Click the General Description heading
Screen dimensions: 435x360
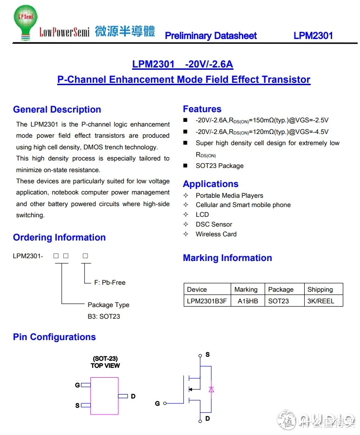tap(57, 110)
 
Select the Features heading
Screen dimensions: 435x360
tap(202, 109)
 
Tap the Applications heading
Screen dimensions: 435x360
tap(210, 184)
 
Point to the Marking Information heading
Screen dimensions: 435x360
tap(227, 258)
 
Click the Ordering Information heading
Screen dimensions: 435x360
tap(59, 238)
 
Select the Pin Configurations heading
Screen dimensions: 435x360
tap(54, 337)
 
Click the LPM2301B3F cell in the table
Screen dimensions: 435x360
tap(207, 301)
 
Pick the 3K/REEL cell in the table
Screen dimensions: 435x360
tap(320, 301)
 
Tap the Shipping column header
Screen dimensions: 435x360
tap(320, 289)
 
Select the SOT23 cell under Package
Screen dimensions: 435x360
tap(278, 301)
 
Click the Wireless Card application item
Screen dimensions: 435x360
tap(216, 234)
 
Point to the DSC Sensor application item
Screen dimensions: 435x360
tap(213, 224)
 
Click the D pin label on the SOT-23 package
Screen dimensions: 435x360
tap(133, 396)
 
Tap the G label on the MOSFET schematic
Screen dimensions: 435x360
tap(157, 403)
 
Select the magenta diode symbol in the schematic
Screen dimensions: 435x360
tap(211, 389)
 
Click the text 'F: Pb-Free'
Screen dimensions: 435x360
tap(110, 282)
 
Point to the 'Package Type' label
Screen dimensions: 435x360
tap(108, 305)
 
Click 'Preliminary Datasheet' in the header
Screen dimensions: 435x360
tap(211, 36)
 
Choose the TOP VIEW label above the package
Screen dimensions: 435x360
tap(105, 366)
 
